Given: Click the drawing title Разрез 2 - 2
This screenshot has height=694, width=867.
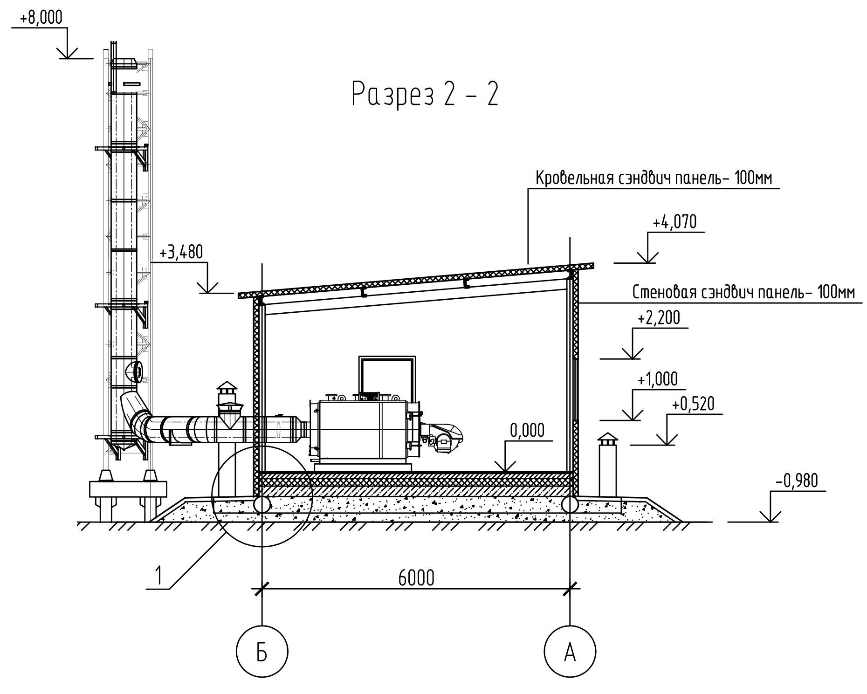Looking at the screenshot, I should [425, 94].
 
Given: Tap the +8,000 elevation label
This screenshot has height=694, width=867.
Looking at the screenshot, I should [41, 18].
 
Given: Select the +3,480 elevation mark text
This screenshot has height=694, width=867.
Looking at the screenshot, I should [181, 253].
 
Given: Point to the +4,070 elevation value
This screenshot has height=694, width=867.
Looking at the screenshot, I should [674, 222].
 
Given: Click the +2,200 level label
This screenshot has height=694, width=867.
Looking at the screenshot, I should [659, 318].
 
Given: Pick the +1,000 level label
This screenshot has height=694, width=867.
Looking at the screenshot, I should [657, 379].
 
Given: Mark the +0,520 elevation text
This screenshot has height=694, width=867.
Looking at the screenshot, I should [693, 404].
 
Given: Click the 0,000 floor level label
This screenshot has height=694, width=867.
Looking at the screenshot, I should [527, 430].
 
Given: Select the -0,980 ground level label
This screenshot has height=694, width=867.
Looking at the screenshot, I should [797, 481].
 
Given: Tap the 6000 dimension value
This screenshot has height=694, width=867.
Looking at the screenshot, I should [416, 578].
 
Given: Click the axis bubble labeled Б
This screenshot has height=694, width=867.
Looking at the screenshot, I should [262, 651].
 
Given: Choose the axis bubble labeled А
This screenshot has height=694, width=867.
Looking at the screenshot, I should [570, 651].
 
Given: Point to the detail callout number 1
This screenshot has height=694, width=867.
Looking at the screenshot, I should [159, 576].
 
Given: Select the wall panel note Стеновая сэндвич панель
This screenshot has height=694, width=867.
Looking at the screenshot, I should [743, 292].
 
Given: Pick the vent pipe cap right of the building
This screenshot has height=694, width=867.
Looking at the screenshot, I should [607, 439].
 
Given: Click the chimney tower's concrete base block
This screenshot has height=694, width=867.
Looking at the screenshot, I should [128, 489].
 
